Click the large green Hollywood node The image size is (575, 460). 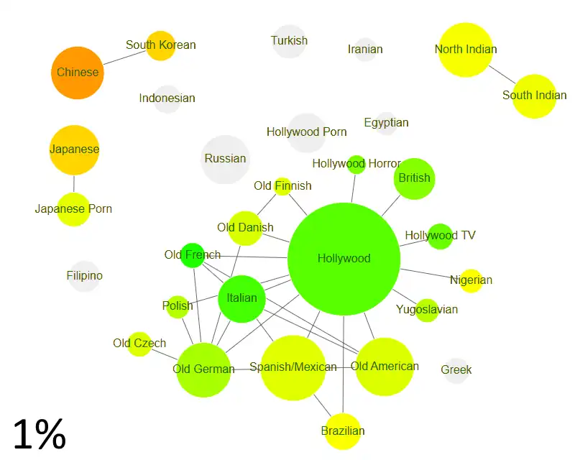pos(344,259)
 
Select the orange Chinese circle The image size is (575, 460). pos(78,73)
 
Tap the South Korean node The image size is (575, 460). pos(160,45)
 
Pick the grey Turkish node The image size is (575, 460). pos(289,41)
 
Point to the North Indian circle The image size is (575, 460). pos(466,50)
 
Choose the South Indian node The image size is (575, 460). pos(534,96)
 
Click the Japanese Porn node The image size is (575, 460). pos(73,209)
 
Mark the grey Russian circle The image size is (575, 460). pos(225,159)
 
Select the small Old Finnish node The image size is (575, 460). pos(282,186)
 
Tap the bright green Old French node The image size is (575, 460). pos(192,255)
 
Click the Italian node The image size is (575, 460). pos(241,298)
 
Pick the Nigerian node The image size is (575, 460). pos(471,280)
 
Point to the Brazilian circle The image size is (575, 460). pos(343,431)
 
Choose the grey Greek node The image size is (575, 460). pos(456,370)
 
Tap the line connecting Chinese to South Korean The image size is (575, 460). pos(125,58)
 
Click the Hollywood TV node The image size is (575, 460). pos(440,236)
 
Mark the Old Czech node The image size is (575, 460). pos(139,344)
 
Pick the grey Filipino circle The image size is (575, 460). pos(84,276)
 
